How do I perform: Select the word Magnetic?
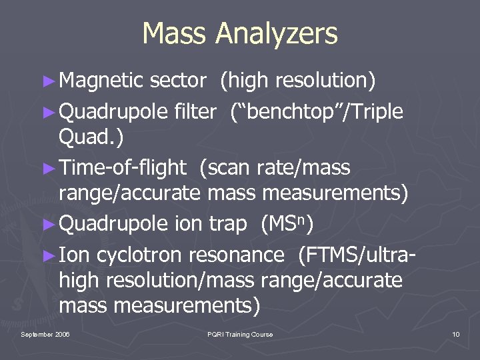click(101, 81)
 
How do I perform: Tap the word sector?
click(178, 81)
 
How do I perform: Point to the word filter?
click(194, 111)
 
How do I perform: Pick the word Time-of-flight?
click(122, 168)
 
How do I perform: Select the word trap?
click(226, 224)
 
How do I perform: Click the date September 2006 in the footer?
click(45, 334)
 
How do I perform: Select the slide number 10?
click(455, 334)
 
